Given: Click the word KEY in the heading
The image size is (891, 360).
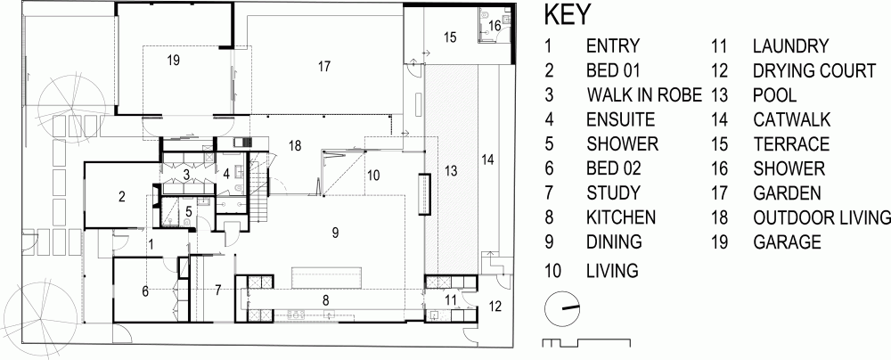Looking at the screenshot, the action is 568,15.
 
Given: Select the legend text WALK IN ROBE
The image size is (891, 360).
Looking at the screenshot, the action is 644,94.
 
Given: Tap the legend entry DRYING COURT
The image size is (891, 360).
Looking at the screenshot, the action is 814,70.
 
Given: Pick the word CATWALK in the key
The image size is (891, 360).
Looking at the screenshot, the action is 791,119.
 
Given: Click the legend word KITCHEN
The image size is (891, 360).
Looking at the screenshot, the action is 621,217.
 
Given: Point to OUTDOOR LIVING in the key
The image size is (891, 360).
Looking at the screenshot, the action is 822,217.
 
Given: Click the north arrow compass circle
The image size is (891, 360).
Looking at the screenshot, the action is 562,308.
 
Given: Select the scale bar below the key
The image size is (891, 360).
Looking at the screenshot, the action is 586,342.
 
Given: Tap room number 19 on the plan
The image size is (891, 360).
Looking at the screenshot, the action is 174,61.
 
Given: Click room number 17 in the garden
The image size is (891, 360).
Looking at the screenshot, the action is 324,67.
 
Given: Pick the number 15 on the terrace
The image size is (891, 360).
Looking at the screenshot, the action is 450,37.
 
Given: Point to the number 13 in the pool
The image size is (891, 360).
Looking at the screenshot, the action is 451,170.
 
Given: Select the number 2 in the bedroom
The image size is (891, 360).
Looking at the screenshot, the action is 121,197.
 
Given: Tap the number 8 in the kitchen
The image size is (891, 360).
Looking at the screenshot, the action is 325,299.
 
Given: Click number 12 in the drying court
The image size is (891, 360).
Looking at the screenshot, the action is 495,307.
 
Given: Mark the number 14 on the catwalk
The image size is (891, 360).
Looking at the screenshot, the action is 487,160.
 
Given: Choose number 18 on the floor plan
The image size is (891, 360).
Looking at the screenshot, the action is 294,145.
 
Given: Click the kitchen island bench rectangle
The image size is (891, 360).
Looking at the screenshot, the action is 327,279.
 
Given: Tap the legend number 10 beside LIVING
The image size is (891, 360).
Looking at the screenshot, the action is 552,270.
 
